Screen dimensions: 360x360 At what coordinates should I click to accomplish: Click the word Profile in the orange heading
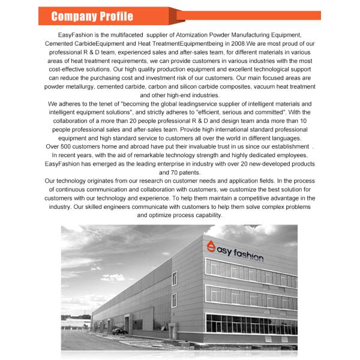tap(114, 16)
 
